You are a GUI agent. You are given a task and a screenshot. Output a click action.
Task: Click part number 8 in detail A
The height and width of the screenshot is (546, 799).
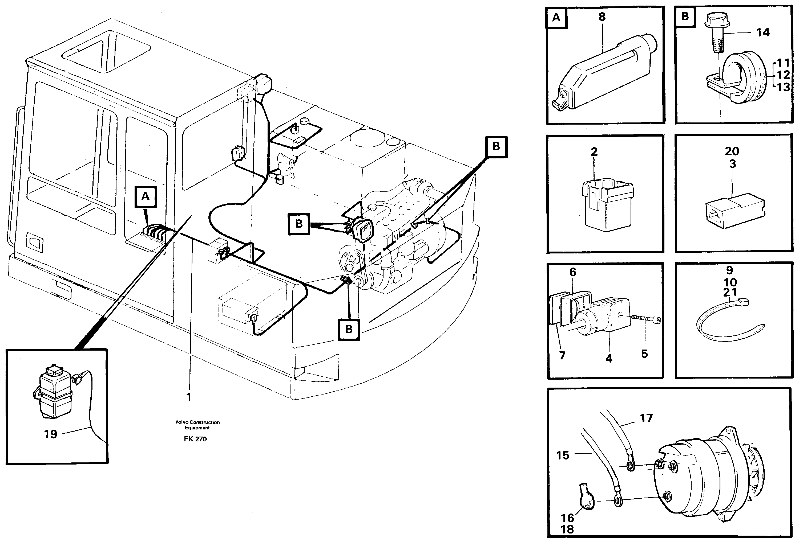tap(602, 17)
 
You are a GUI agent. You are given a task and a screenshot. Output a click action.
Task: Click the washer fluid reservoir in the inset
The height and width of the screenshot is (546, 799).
tap(55, 393)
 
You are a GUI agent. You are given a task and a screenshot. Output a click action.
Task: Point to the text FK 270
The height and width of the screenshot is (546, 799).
tap(195, 439)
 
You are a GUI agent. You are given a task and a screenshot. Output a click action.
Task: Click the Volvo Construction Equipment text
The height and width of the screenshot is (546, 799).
tap(197, 425)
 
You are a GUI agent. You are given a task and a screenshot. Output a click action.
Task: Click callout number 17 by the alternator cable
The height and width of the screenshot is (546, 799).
tap(646, 418)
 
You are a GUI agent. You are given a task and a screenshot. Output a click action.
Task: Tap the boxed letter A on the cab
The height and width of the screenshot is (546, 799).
tap(146, 197)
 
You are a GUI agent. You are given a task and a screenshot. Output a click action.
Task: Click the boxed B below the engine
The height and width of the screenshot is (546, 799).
tap(349, 329)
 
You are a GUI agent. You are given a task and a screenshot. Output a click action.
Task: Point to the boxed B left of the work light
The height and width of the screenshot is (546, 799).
tap(299, 224)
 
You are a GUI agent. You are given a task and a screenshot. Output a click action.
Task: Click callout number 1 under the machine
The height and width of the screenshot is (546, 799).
tap(188, 397)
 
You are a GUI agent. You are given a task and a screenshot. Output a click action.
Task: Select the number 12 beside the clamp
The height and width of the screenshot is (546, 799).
tap(784, 75)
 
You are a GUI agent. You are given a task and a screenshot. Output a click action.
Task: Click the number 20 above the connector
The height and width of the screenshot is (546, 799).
tap(732, 151)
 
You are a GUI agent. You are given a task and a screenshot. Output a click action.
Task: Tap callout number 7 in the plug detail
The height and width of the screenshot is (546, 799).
tap(562, 355)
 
